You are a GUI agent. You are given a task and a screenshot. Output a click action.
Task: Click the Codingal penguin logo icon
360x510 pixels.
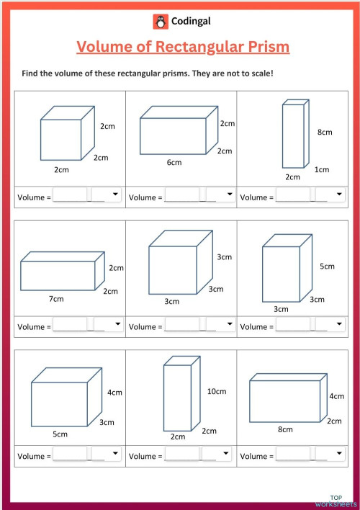click(x=161, y=22)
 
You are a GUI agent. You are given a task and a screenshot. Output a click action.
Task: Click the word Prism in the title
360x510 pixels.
click(x=269, y=47)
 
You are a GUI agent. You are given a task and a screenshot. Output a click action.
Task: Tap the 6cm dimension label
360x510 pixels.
click(x=174, y=162)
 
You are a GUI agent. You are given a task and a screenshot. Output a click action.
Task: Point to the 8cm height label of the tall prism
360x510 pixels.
click(x=325, y=132)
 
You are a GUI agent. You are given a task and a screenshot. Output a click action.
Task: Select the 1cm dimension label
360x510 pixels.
click(x=322, y=169)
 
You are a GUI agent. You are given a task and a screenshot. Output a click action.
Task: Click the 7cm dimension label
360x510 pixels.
click(x=56, y=299)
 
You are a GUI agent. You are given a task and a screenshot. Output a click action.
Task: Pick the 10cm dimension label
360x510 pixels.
click(x=217, y=391)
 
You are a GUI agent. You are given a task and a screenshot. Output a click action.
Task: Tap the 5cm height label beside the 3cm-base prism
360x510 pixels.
click(x=327, y=267)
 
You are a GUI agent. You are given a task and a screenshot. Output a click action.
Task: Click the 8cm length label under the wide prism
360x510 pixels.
click(x=285, y=429)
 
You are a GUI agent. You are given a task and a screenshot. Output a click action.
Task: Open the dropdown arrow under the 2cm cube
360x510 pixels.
click(x=115, y=194)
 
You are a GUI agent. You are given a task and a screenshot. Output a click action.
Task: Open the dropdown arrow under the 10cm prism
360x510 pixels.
click(x=225, y=453)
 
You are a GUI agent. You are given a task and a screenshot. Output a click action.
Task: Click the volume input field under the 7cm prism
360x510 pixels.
click(x=71, y=324)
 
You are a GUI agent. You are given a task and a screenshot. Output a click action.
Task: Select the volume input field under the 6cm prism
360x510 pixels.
click(x=182, y=194)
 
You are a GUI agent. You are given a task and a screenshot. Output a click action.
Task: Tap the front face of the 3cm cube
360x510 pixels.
click(x=173, y=270)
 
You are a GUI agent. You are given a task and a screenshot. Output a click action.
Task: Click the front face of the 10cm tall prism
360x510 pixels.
click(x=177, y=398)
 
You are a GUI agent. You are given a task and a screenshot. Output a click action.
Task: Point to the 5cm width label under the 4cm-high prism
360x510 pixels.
click(x=60, y=434)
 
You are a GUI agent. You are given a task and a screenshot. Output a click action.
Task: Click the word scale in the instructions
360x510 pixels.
click(x=261, y=73)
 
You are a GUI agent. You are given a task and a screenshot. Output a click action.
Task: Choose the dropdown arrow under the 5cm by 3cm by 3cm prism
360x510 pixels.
click(x=339, y=323)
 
